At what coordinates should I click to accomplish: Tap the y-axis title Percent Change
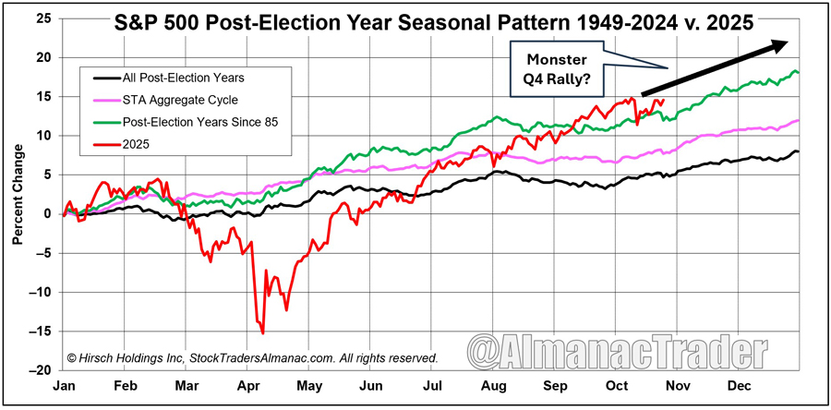coord(18,213)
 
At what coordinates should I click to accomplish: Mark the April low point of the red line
coord(263,332)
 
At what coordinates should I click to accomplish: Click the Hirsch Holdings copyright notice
coord(251,357)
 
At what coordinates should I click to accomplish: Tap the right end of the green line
coord(797,72)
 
